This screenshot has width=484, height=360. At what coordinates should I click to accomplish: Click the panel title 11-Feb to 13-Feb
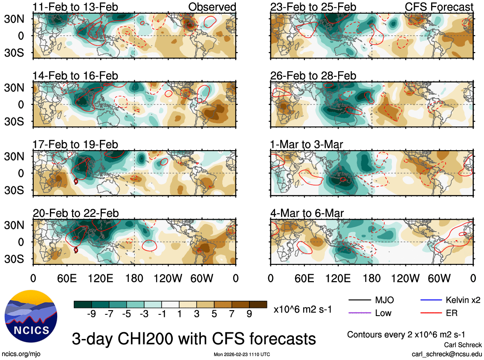(x=75, y=7)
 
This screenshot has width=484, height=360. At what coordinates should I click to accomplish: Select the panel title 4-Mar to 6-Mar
(x=307, y=213)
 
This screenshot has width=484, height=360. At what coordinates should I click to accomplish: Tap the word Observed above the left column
(x=212, y=7)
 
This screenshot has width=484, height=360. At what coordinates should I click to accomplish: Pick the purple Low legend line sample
(x=359, y=314)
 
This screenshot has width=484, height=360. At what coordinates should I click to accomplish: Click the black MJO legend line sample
(x=359, y=300)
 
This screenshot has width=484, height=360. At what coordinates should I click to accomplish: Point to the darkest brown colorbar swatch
(x=258, y=304)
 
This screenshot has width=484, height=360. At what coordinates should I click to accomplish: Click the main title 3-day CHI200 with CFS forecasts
(x=194, y=339)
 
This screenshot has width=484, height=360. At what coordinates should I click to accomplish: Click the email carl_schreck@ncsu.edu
(x=446, y=354)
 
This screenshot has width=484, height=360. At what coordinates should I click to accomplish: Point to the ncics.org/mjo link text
(x=21, y=354)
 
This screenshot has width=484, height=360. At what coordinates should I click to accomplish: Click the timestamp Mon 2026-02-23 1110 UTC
(x=241, y=354)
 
